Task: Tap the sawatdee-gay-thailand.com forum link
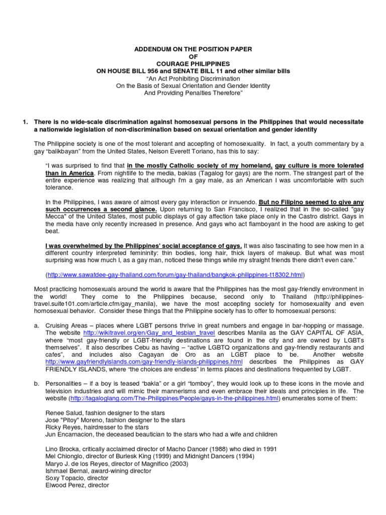pos(175,275)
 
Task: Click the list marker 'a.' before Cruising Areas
pos(37,326)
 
